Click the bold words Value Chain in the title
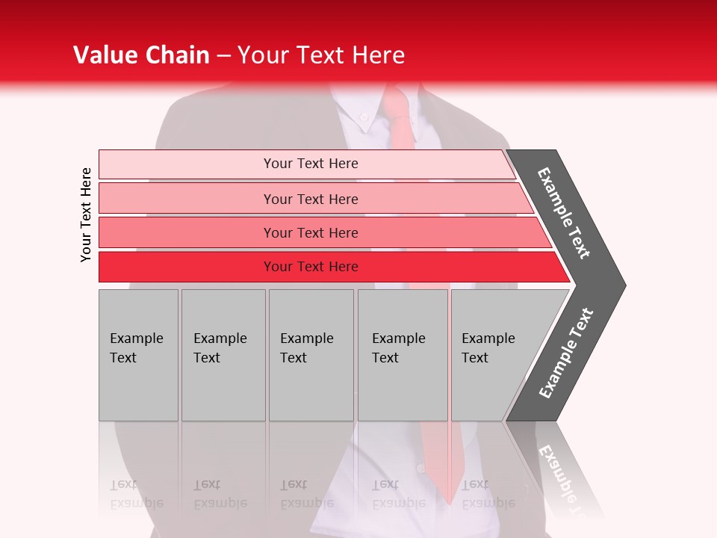click(x=141, y=55)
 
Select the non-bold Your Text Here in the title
click(x=321, y=55)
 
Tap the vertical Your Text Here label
click(x=86, y=214)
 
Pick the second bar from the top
click(x=310, y=199)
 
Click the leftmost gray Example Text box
click(x=138, y=355)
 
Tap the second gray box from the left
click(x=223, y=355)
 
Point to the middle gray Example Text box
click(x=311, y=355)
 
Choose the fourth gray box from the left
click(x=403, y=355)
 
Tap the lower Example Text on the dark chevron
click(x=566, y=353)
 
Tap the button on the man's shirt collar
click(x=364, y=117)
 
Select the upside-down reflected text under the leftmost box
click(x=136, y=494)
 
